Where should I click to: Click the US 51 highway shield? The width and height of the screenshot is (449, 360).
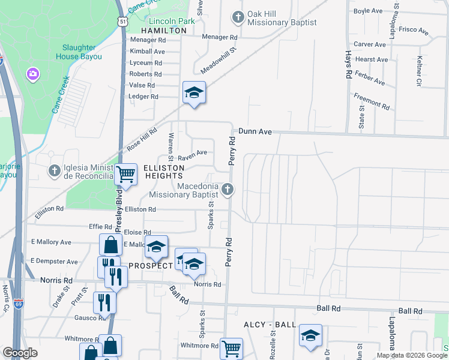[123, 21]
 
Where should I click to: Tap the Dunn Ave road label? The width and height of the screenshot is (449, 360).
[255, 131]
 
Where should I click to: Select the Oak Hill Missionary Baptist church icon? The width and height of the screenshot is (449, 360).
[238, 17]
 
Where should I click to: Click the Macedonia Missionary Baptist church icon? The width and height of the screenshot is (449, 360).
[227, 190]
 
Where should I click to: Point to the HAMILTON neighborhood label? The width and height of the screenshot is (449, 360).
[164, 30]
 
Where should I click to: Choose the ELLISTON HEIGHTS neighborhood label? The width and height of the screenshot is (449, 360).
[163, 172]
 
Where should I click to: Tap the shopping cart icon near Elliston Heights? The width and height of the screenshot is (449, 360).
[125, 174]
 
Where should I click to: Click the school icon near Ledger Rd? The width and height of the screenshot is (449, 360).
[194, 92]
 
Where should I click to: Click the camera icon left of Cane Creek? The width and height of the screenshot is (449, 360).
[32, 74]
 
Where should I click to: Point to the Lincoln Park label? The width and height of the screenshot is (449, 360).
[172, 21]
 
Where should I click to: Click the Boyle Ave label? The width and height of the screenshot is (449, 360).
[368, 11]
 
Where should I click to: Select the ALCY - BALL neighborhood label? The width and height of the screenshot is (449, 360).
[270, 325]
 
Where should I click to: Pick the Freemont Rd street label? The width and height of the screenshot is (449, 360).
[372, 100]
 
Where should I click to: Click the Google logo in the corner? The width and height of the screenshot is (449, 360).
[20, 353]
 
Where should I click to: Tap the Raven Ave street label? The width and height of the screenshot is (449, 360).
[193, 154]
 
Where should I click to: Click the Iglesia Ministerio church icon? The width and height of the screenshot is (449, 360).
[54, 171]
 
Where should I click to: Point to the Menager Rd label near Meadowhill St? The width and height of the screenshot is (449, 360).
[220, 37]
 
